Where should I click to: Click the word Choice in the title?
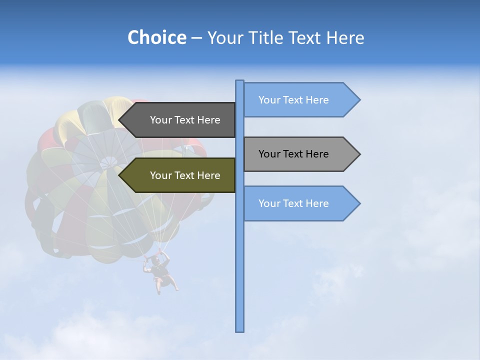(x=156, y=37)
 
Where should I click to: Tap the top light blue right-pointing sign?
(x=295, y=100)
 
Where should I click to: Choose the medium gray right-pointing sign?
(x=295, y=154)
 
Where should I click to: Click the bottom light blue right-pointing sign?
(x=295, y=203)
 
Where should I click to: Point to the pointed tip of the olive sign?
(x=120, y=175)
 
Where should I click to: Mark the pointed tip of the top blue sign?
(x=359, y=100)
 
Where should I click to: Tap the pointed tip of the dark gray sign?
(x=120, y=120)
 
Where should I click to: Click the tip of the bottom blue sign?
(x=359, y=203)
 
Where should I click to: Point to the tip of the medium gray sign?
(x=359, y=154)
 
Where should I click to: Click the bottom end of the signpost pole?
(x=240, y=330)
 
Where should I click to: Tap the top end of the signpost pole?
(x=240, y=81)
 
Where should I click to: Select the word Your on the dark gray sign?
(x=160, y=120)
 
